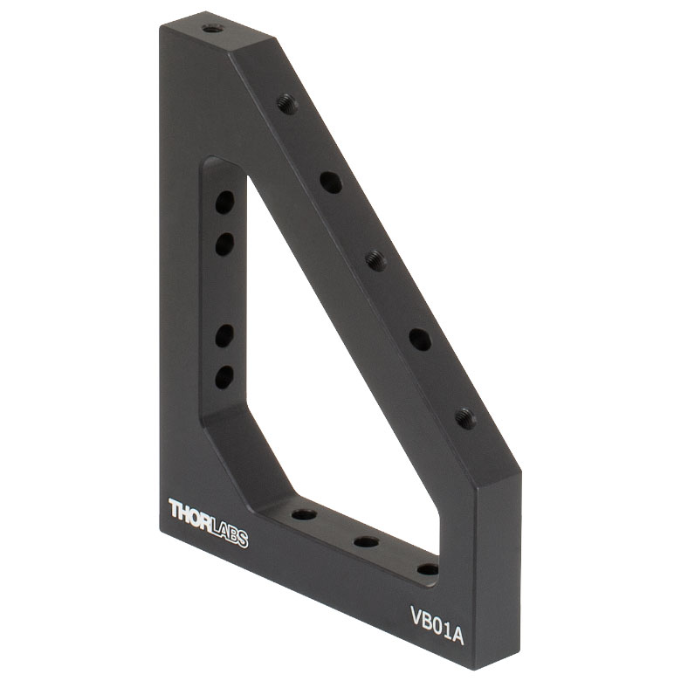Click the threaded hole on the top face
tap(213, 30)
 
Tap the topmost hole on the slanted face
tap(287, 105)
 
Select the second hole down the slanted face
tap(331, 182)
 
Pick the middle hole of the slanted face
tap(376, 261)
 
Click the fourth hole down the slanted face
tap(421, 340)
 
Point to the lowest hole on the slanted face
tap(465, 419)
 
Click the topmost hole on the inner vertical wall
tap(224, 203)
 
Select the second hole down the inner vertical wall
tap(224, 244)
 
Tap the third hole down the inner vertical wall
tap(224, 336)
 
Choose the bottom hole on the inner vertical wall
tap(224, 377)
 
